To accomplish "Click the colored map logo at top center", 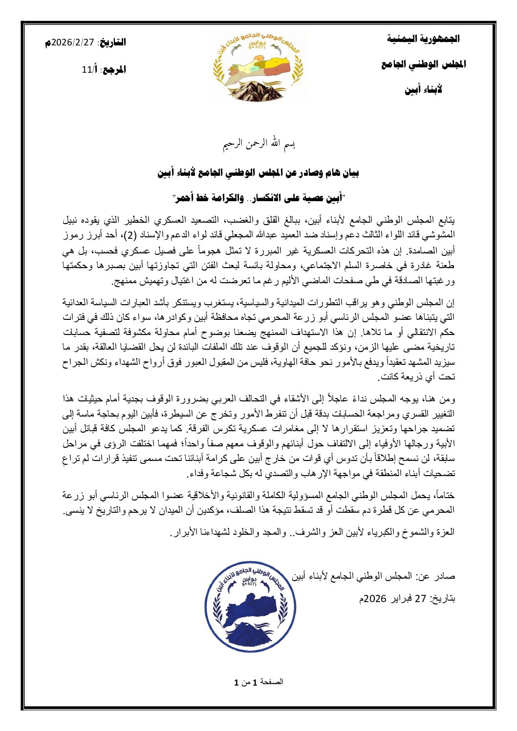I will pos(258,66).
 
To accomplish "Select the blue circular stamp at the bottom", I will pos(250,604).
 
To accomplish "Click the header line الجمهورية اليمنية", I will pos(423,39).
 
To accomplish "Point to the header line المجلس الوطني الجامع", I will pos(423,64).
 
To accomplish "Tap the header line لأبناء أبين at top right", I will pos(423,90).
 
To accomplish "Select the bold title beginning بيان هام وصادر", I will pos(258,173).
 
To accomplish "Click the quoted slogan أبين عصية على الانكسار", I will pos(258,198).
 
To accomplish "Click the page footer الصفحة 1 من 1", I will pos(258,682).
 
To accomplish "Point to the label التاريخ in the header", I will pos(113,42).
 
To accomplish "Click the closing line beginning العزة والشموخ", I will pos(313,532).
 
